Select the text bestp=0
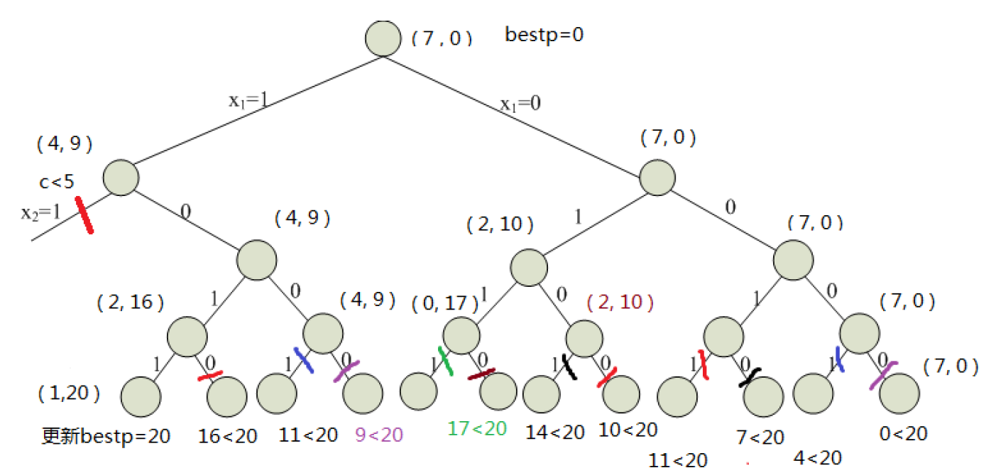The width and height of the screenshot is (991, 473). tap(544, 34)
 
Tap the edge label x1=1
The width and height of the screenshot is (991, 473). tap(248, 101)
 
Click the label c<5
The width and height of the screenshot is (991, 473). tap(56, 183)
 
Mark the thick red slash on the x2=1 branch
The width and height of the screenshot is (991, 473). tap(84, 215)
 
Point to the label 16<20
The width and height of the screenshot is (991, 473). tap(227, 435)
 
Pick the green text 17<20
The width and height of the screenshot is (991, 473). tap(477, 428)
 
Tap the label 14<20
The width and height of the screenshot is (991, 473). tap(555, 432)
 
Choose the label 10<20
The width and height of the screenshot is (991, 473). tap(628, 430)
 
